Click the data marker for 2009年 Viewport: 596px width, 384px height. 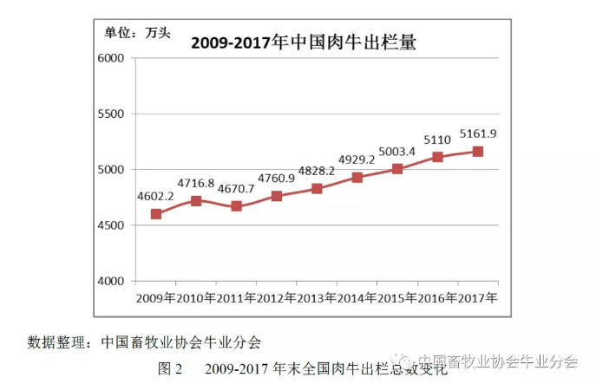click(x=156, y=213)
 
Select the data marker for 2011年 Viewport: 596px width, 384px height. click(x=236, y=206)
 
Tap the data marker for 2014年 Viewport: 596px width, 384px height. click(x=357, y=177)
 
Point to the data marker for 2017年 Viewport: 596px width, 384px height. click(x=477, y=151)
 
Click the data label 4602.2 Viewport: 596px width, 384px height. click(x=156, y=196)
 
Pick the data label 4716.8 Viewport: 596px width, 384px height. click(x=196, y=183)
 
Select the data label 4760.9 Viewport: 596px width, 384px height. click(x=277, y=179)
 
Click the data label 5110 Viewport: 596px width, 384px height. click(x=437, y=140)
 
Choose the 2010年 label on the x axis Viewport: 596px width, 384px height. click(x=196, y=298)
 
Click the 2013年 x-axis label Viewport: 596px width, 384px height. click(x=317, y=298)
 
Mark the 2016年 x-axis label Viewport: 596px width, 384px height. click(x=437, y=298)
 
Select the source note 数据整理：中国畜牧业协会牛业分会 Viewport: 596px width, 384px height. click(x=143, y=341)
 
